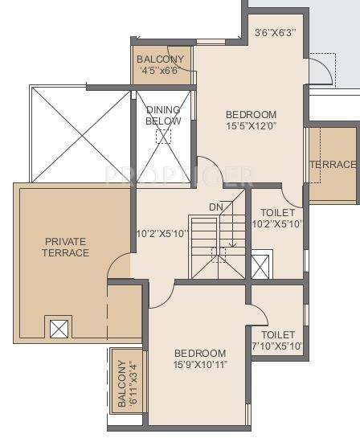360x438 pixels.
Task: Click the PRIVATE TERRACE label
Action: [x=67, y=246]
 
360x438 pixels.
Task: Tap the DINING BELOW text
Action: [x=163, y=115]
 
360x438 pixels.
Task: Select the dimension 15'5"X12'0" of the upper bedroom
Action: [x=251, y=127]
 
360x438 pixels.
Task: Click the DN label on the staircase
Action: [x=216, y=207]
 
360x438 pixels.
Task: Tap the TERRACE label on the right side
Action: [x=333, y=165]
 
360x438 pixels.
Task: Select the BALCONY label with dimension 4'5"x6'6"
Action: [x=160, y=65]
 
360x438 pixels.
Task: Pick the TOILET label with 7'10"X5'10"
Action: [x=278, y=340]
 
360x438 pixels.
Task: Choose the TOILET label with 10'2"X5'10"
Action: [x=278, y=219]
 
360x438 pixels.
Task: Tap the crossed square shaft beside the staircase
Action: [x=262, y=265]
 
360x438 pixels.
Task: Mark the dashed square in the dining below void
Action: [x=163, y=136]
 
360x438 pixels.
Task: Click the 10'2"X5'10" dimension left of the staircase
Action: [x=162, y=235]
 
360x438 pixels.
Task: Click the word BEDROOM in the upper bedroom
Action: [x=251, y=114]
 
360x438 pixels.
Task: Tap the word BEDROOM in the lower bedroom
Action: [x=200, y=354]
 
